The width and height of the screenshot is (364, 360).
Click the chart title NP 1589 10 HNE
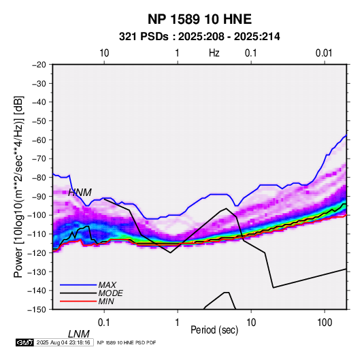point(199,19)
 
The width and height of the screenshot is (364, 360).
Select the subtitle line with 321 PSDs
point(199,37)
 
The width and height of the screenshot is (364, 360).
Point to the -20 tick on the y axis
point(39,65)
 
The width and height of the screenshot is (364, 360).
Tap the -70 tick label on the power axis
point(39,159)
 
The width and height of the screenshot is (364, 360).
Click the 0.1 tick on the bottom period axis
point(104,323)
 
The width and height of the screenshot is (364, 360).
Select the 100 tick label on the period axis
point(325,323)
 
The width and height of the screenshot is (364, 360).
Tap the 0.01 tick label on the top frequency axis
point(324,53)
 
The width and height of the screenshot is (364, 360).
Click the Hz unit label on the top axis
point(214,53)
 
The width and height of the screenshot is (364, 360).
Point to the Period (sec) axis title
point(214,330)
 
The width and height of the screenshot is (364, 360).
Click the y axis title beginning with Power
point(18,186)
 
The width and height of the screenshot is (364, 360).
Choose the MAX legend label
point(107,285)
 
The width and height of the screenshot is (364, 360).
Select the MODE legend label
point(110,293)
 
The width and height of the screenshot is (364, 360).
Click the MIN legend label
point(106,301)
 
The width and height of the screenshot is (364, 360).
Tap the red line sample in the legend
point(78,301)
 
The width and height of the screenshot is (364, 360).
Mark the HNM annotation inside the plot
point(80,193)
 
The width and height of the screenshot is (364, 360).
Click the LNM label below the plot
point(79,334)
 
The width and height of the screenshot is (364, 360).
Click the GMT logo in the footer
point(25,342)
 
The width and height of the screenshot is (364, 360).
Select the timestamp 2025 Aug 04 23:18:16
point(63,342)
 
